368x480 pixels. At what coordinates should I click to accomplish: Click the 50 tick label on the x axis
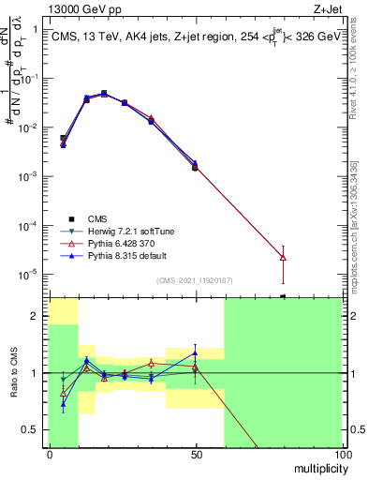point(195,454)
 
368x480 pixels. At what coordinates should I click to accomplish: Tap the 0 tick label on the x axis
point(50,454)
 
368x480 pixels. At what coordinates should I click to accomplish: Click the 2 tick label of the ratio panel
point(33,316)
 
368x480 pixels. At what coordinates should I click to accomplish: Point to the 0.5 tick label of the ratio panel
point(29,429)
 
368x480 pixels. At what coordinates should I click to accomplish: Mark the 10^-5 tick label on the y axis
point(26,275)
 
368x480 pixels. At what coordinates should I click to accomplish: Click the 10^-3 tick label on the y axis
point(26,176)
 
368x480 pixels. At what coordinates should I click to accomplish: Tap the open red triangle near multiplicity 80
point(283,257)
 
